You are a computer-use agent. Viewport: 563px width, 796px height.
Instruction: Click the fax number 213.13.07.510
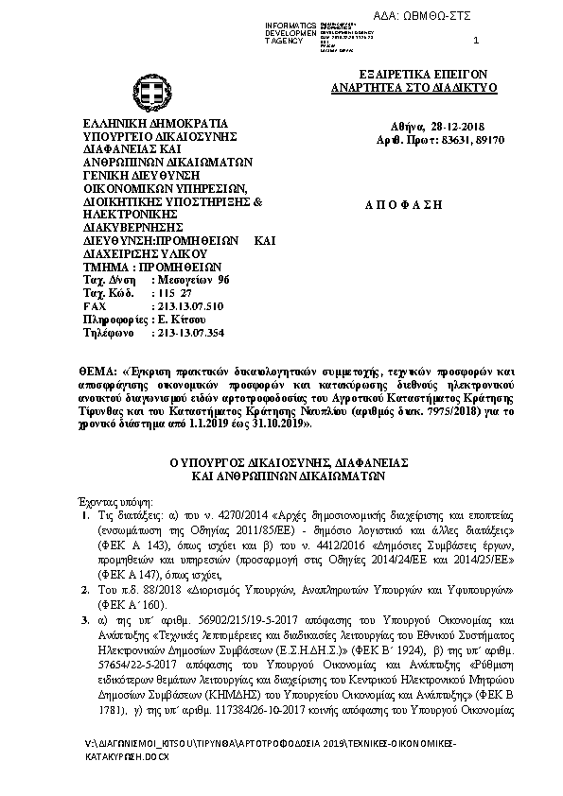coord(187,307)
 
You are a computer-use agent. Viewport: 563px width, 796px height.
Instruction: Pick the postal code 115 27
coord(173,294)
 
